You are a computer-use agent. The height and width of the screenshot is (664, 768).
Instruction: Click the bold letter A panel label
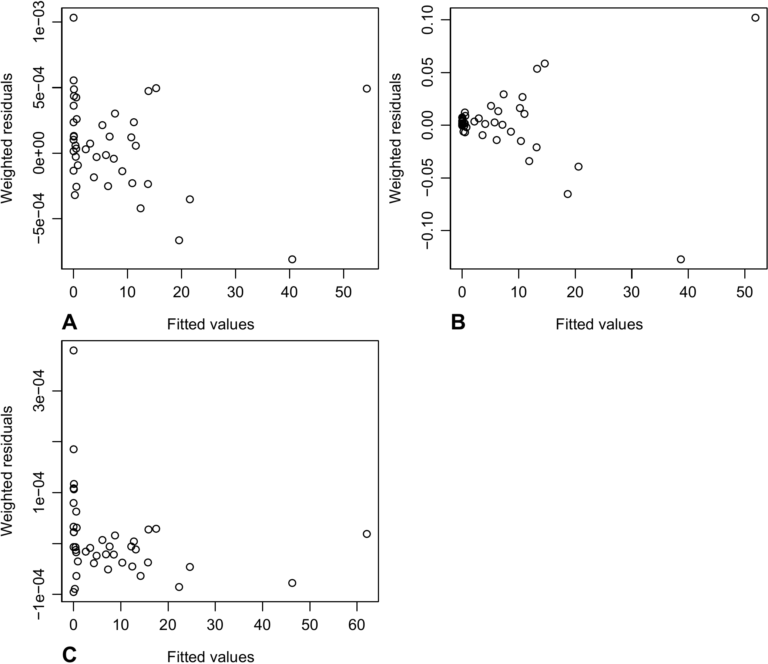[x=70, y=322]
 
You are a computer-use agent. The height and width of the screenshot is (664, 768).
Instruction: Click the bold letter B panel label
[x=458, y=322]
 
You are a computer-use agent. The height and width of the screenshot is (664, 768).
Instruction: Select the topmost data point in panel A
[x=73, y=18]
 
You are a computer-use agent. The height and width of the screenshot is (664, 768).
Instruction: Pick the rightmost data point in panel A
[x=366, y=89]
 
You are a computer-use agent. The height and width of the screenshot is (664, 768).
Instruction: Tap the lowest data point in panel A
[x=292, y=259]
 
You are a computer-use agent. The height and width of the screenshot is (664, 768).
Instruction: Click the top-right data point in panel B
[x=755, y=18]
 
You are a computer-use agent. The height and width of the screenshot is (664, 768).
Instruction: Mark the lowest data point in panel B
[x=681, y=259]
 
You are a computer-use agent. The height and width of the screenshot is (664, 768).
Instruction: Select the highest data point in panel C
[x=73, y=350]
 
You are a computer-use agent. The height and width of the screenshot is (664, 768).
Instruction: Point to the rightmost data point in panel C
[x=366, y=534]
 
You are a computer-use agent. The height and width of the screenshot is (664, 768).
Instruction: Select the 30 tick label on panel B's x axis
[x=631, y=292]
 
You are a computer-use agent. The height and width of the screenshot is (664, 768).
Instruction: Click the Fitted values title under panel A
[x=210, y=325]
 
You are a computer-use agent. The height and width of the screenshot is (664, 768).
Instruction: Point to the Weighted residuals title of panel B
[x=396, y=138]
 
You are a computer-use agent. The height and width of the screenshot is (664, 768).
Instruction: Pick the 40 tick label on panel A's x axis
[x=289, y=292]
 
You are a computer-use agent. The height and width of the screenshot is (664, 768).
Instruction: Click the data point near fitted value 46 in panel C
[x=292, y=583]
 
